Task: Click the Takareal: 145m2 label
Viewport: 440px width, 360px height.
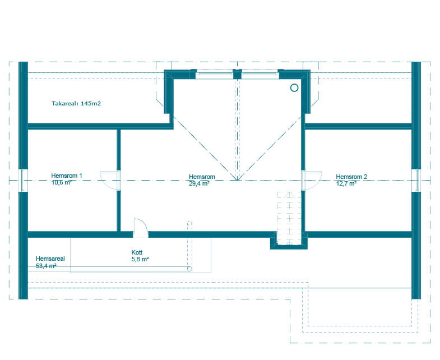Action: tap(76, 103)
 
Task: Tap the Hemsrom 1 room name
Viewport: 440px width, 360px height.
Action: tap(67, 176)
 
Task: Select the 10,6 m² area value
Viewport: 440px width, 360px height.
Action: tap(61, 182)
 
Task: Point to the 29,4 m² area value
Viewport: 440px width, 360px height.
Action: tap(199, 183)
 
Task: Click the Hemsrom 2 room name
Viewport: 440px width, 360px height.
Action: tap(351, 177)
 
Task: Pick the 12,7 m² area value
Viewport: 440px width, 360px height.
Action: tap(346, 183)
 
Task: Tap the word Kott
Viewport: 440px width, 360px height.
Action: tap(137, 252)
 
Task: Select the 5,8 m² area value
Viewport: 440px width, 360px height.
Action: tap(140, 259)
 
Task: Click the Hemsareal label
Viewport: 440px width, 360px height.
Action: tap(50, 259)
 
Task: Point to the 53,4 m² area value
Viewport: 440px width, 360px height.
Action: tap(46, 266)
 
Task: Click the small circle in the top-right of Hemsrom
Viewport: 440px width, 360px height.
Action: tap(294, 88)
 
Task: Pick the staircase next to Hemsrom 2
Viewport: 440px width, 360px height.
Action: tap(289, 218)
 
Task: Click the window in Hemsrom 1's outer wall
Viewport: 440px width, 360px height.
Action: tap(24, 181)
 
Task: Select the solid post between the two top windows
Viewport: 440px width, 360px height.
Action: tap(237, 74)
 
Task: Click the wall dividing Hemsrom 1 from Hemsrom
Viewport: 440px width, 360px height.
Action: tap(119, 181)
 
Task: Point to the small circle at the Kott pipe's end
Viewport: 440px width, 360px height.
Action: tap(189, 269)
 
